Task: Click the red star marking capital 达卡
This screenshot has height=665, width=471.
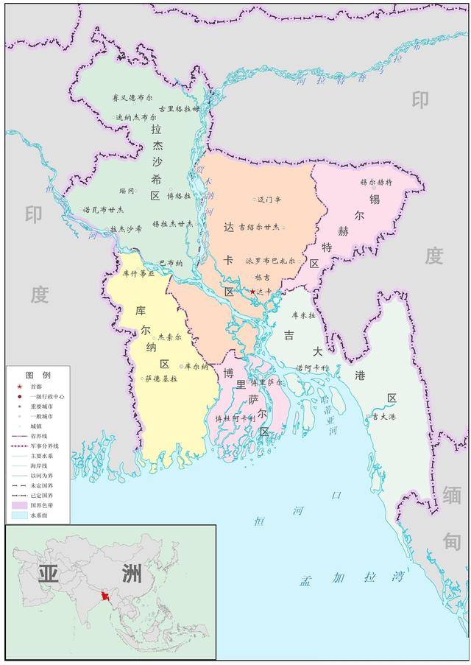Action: click(x=252, y=292)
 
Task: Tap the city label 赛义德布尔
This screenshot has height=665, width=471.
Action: click(x=133, y=97)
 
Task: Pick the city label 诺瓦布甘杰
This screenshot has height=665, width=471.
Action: click(x=103, y=209)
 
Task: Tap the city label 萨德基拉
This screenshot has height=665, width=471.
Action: click(x=161, y=379)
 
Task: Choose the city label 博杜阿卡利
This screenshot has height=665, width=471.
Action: click(x=235, y=418)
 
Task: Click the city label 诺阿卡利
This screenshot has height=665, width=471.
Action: click(x=311, y=367)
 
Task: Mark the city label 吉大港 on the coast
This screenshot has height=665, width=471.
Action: click(x=384, y=417)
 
